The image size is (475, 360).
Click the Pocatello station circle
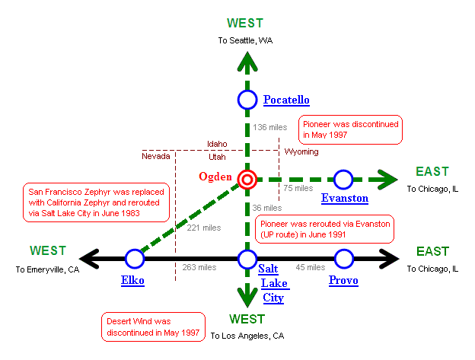coord(247,100)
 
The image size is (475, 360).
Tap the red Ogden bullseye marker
coord(247,180)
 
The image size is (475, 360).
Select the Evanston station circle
coord(343,180)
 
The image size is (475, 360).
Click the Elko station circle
coord(135,260)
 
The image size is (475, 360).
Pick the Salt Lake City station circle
coord(247,260)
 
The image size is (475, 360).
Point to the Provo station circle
coord(344,260)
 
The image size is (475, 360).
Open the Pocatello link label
coord(286,100)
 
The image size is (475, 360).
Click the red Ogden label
coord(215,177)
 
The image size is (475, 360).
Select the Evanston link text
coord(345,199)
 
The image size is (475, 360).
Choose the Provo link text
coord(344,280)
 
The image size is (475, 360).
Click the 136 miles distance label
coord(269,127)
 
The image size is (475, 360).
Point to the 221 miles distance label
coord(203,228)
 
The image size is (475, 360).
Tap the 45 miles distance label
coord(310,267)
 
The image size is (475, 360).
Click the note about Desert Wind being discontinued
coord(153,327)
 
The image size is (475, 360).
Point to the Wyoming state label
coord(301,151)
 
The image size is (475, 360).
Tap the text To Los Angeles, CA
coord(247,335)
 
